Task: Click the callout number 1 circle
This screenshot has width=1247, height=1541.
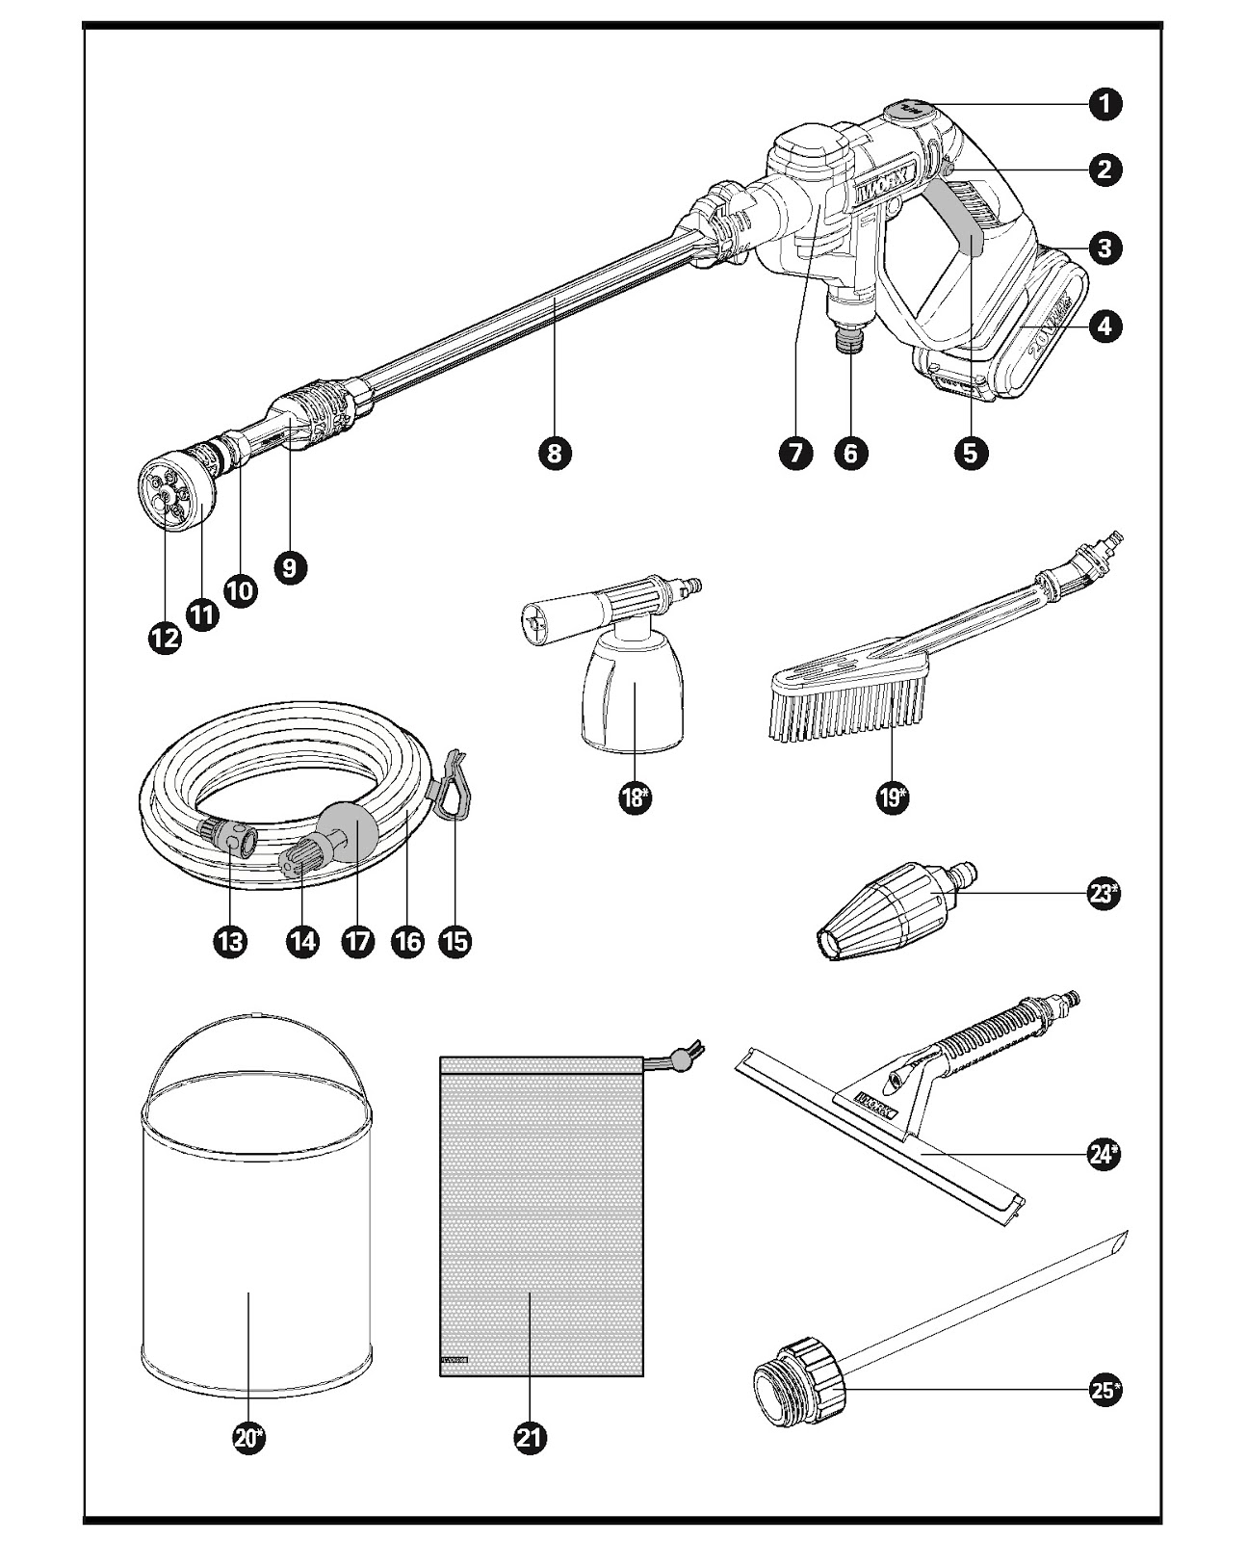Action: (x=1104, y=104)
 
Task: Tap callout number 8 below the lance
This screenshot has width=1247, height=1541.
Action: (x=555, y=453)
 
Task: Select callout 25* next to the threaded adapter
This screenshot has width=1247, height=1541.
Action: (x=1104, y=1390)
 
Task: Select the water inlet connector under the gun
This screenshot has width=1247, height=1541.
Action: (x=852, y=340)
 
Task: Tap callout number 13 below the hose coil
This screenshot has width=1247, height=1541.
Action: (x=229, y=941)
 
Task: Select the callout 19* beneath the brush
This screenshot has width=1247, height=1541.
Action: (x=891, y=797)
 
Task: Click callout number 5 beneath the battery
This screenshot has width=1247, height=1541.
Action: (x=970, y=453)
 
